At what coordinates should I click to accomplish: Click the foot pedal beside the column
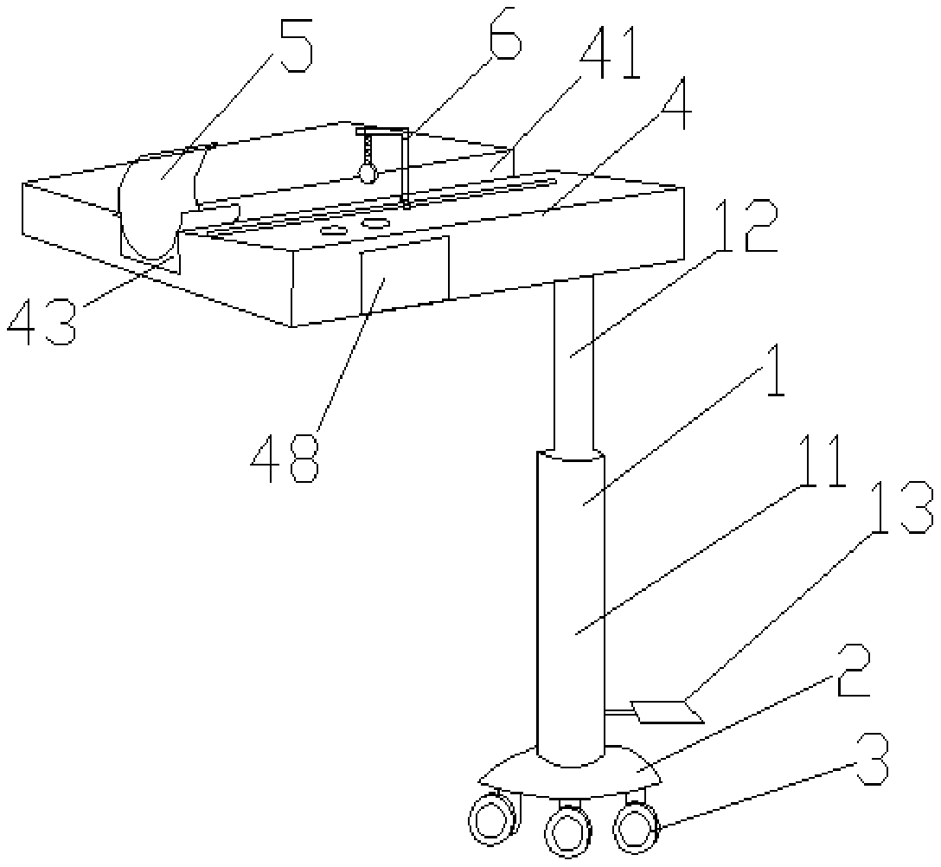(666, 711)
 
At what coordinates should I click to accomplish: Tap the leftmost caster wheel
(490, 818)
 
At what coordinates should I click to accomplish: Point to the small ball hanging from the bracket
(368, 173)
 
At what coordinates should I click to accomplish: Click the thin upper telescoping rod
(573, 363)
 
